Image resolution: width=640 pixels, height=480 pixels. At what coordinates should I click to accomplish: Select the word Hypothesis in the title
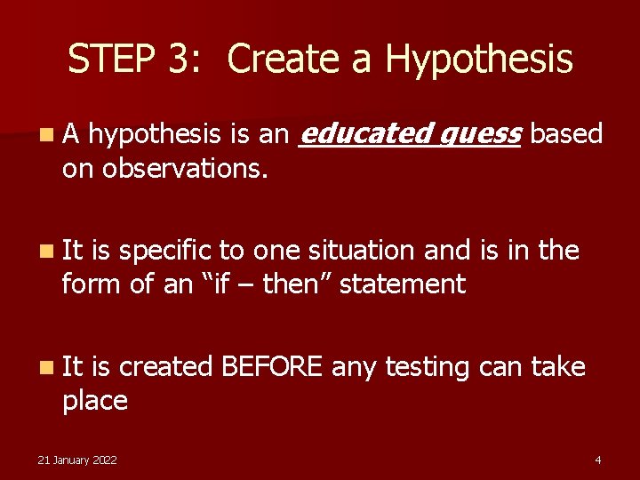(x=479, y=60)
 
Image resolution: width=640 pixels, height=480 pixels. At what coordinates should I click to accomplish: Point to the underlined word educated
(x=364, y=134)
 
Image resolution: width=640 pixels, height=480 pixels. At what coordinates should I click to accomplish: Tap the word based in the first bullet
(x=566, y=134)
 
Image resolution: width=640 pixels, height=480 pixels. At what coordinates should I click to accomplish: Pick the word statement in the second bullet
(x=404, y=284)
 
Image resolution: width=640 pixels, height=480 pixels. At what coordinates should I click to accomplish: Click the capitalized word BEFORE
(x=271, y=366)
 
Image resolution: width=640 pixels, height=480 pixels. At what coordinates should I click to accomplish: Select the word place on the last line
(x=94, y=401)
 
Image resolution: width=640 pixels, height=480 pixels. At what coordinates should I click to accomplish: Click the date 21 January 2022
(x=77, y=460)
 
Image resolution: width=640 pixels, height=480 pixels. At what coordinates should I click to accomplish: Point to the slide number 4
(x=597, y=460)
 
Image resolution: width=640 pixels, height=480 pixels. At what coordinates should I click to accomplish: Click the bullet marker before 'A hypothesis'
(x=44, y=135)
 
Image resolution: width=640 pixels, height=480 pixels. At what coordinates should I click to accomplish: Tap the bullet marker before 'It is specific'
(x=44, y=252)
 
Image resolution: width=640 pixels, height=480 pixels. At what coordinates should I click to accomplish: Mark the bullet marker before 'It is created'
(x=44, y=367)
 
